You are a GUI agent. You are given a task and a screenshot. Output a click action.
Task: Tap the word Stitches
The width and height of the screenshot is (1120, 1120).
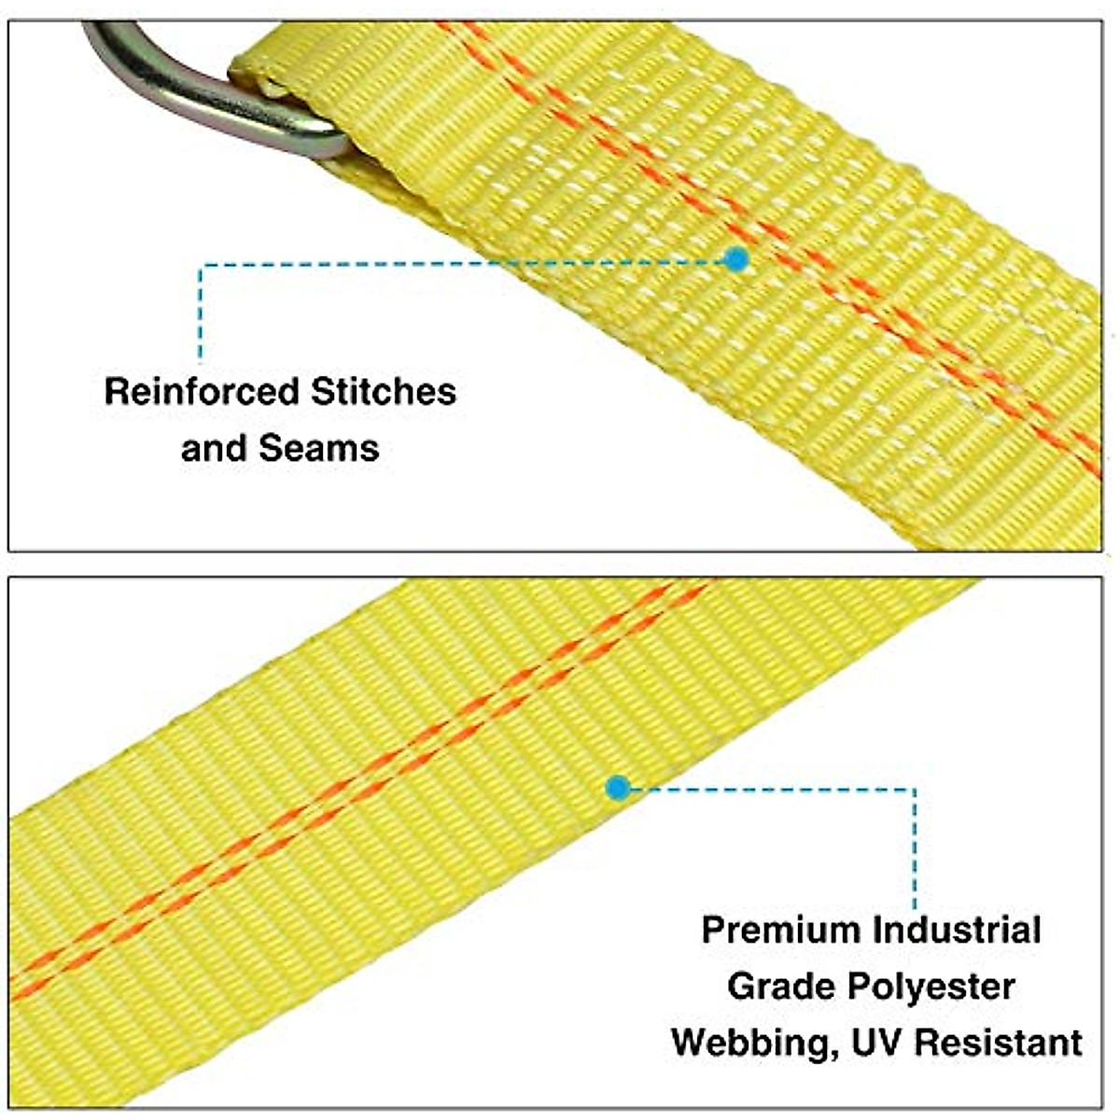tap(383, 392)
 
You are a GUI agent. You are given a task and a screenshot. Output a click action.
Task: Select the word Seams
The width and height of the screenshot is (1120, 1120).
tap(318, 449)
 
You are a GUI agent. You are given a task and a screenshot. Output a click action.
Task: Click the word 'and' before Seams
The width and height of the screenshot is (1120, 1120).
tap(215, 449)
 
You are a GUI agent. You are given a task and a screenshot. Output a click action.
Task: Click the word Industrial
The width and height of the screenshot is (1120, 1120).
tap(957, 931)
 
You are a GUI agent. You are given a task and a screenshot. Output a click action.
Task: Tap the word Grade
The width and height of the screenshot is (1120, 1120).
tap(778, 987)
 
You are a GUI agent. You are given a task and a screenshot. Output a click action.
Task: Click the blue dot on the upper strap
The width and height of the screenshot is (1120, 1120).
tap(737, 259)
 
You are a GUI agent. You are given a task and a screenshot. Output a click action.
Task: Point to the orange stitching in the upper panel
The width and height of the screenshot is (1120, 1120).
tap(840, 280)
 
